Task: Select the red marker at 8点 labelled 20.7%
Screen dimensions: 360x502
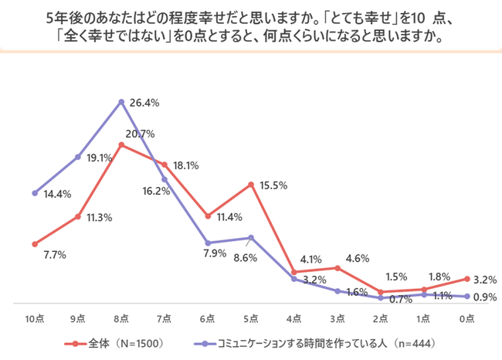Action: (122, 144)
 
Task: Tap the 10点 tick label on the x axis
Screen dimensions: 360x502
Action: (35, 318)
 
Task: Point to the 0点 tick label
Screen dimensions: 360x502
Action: (466, 318)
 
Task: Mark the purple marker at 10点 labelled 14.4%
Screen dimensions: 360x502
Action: (35, 192)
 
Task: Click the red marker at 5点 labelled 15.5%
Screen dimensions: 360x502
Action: (251, 184)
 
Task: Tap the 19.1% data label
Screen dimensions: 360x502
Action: (100, 157)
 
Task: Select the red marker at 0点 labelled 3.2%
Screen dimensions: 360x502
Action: (466, 278)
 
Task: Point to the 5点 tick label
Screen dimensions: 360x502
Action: (251, 318)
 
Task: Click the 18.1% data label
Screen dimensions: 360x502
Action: (188, 165)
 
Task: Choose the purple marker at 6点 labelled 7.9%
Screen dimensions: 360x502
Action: (208, 243)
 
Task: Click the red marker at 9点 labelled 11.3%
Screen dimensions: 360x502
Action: (79, 217)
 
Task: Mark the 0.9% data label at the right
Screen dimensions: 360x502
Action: (484, 297)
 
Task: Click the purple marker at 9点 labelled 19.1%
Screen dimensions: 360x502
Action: (79, 157)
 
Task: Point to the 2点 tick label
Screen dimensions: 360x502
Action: (380, 318)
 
